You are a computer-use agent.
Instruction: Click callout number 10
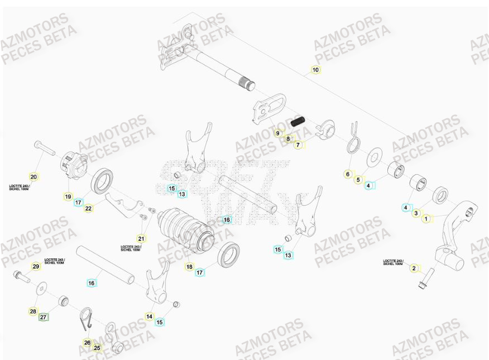[315, 70]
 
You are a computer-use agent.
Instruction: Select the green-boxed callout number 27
[44, 318]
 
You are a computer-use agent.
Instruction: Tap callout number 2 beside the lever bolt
[414, 268]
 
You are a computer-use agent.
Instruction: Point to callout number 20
[33, 177]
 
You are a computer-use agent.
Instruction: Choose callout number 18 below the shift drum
[189, 267]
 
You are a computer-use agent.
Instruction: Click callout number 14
[149, 316]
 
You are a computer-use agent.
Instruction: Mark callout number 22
[88, 208]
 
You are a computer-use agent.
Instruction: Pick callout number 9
[277, 133]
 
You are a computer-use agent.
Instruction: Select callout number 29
[36, 267]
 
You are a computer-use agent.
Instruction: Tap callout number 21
[141, 238]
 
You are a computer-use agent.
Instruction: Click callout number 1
[426, 219]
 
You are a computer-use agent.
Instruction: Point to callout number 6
[348, 174]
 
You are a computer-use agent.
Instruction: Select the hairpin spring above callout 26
[84, 320]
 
